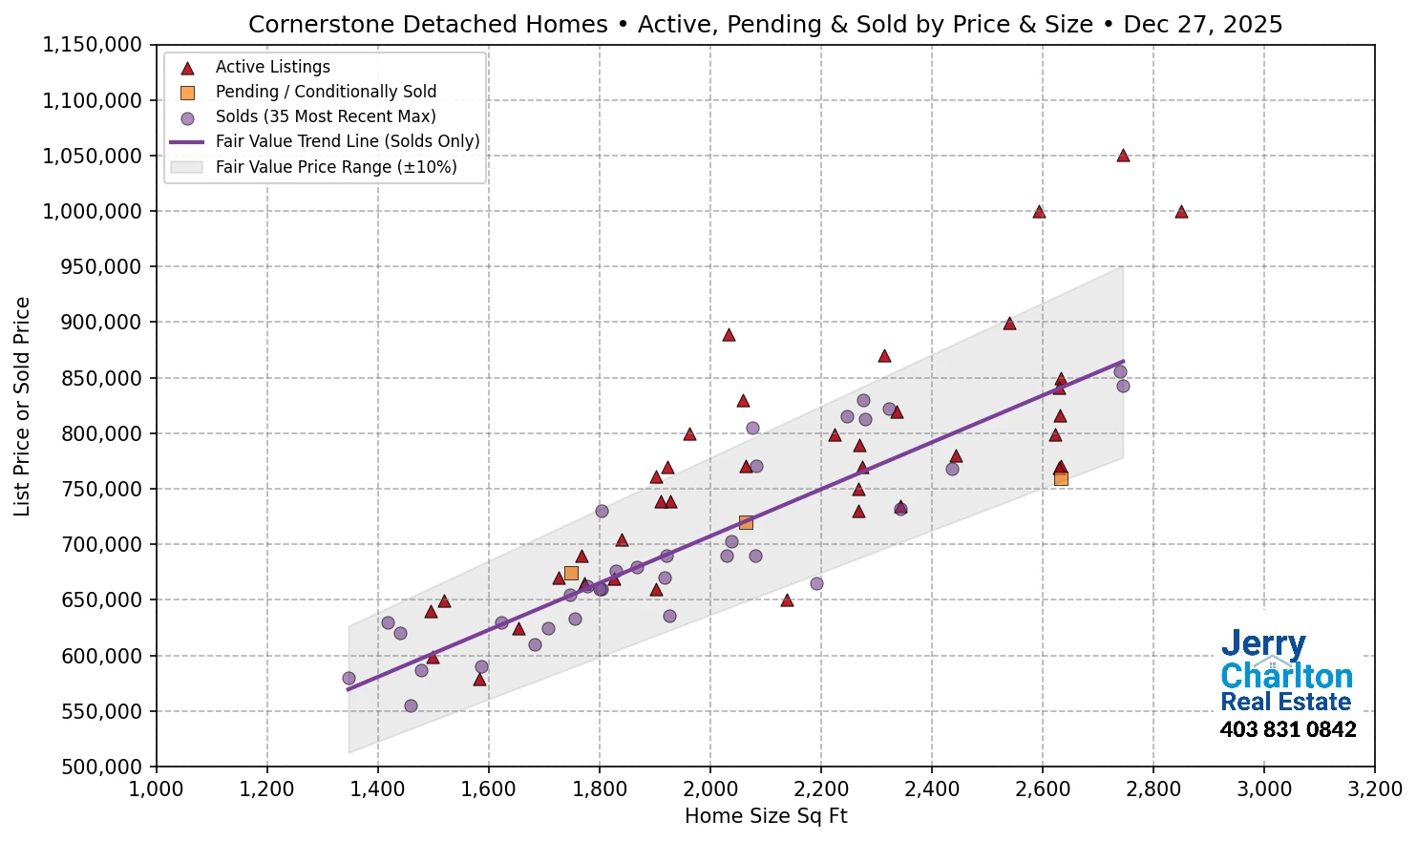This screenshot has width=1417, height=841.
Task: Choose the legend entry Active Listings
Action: (x=272, y=67)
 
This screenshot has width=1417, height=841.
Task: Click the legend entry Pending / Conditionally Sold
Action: (x=326, y=92)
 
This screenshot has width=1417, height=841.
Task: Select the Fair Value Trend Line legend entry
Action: (x=347, y=141)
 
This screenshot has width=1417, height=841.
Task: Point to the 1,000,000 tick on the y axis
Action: (x=93, y=212)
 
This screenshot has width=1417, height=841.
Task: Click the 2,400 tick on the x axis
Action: (x=932, y=789)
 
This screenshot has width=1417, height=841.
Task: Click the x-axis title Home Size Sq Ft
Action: (x=766, y=816)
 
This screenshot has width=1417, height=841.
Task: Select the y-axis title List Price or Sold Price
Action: (x=23, y=407)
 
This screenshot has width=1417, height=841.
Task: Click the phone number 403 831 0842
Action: (x=1287, y=730)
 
